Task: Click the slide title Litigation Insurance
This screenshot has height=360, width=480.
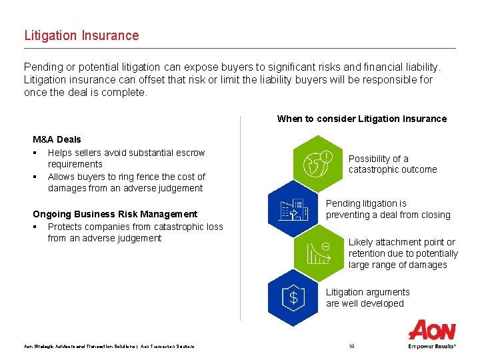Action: click(x=81, y=35)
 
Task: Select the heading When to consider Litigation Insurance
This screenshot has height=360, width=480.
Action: click(x=361, y=119)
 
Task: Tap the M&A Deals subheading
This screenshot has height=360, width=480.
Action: click(x=57, y=139)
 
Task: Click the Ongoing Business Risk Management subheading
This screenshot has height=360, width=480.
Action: click(x=115, y=214)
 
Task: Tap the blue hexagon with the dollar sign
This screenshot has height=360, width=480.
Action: click(x=293, y=297)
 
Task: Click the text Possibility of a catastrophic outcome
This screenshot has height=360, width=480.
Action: click(x=392, y=164)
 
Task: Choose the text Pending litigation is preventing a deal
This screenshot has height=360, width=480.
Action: click(x=387, y=209)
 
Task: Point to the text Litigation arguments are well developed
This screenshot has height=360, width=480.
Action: click(x=367, y=297)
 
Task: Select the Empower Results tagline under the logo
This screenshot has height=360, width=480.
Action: click(x=432, y=346)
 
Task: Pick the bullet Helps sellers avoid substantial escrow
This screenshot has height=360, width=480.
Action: click(x=126, y=158)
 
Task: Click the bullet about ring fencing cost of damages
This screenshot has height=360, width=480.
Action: click(x=126, y=182)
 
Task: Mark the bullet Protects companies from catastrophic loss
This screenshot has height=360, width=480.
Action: click(x=135, y=232)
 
